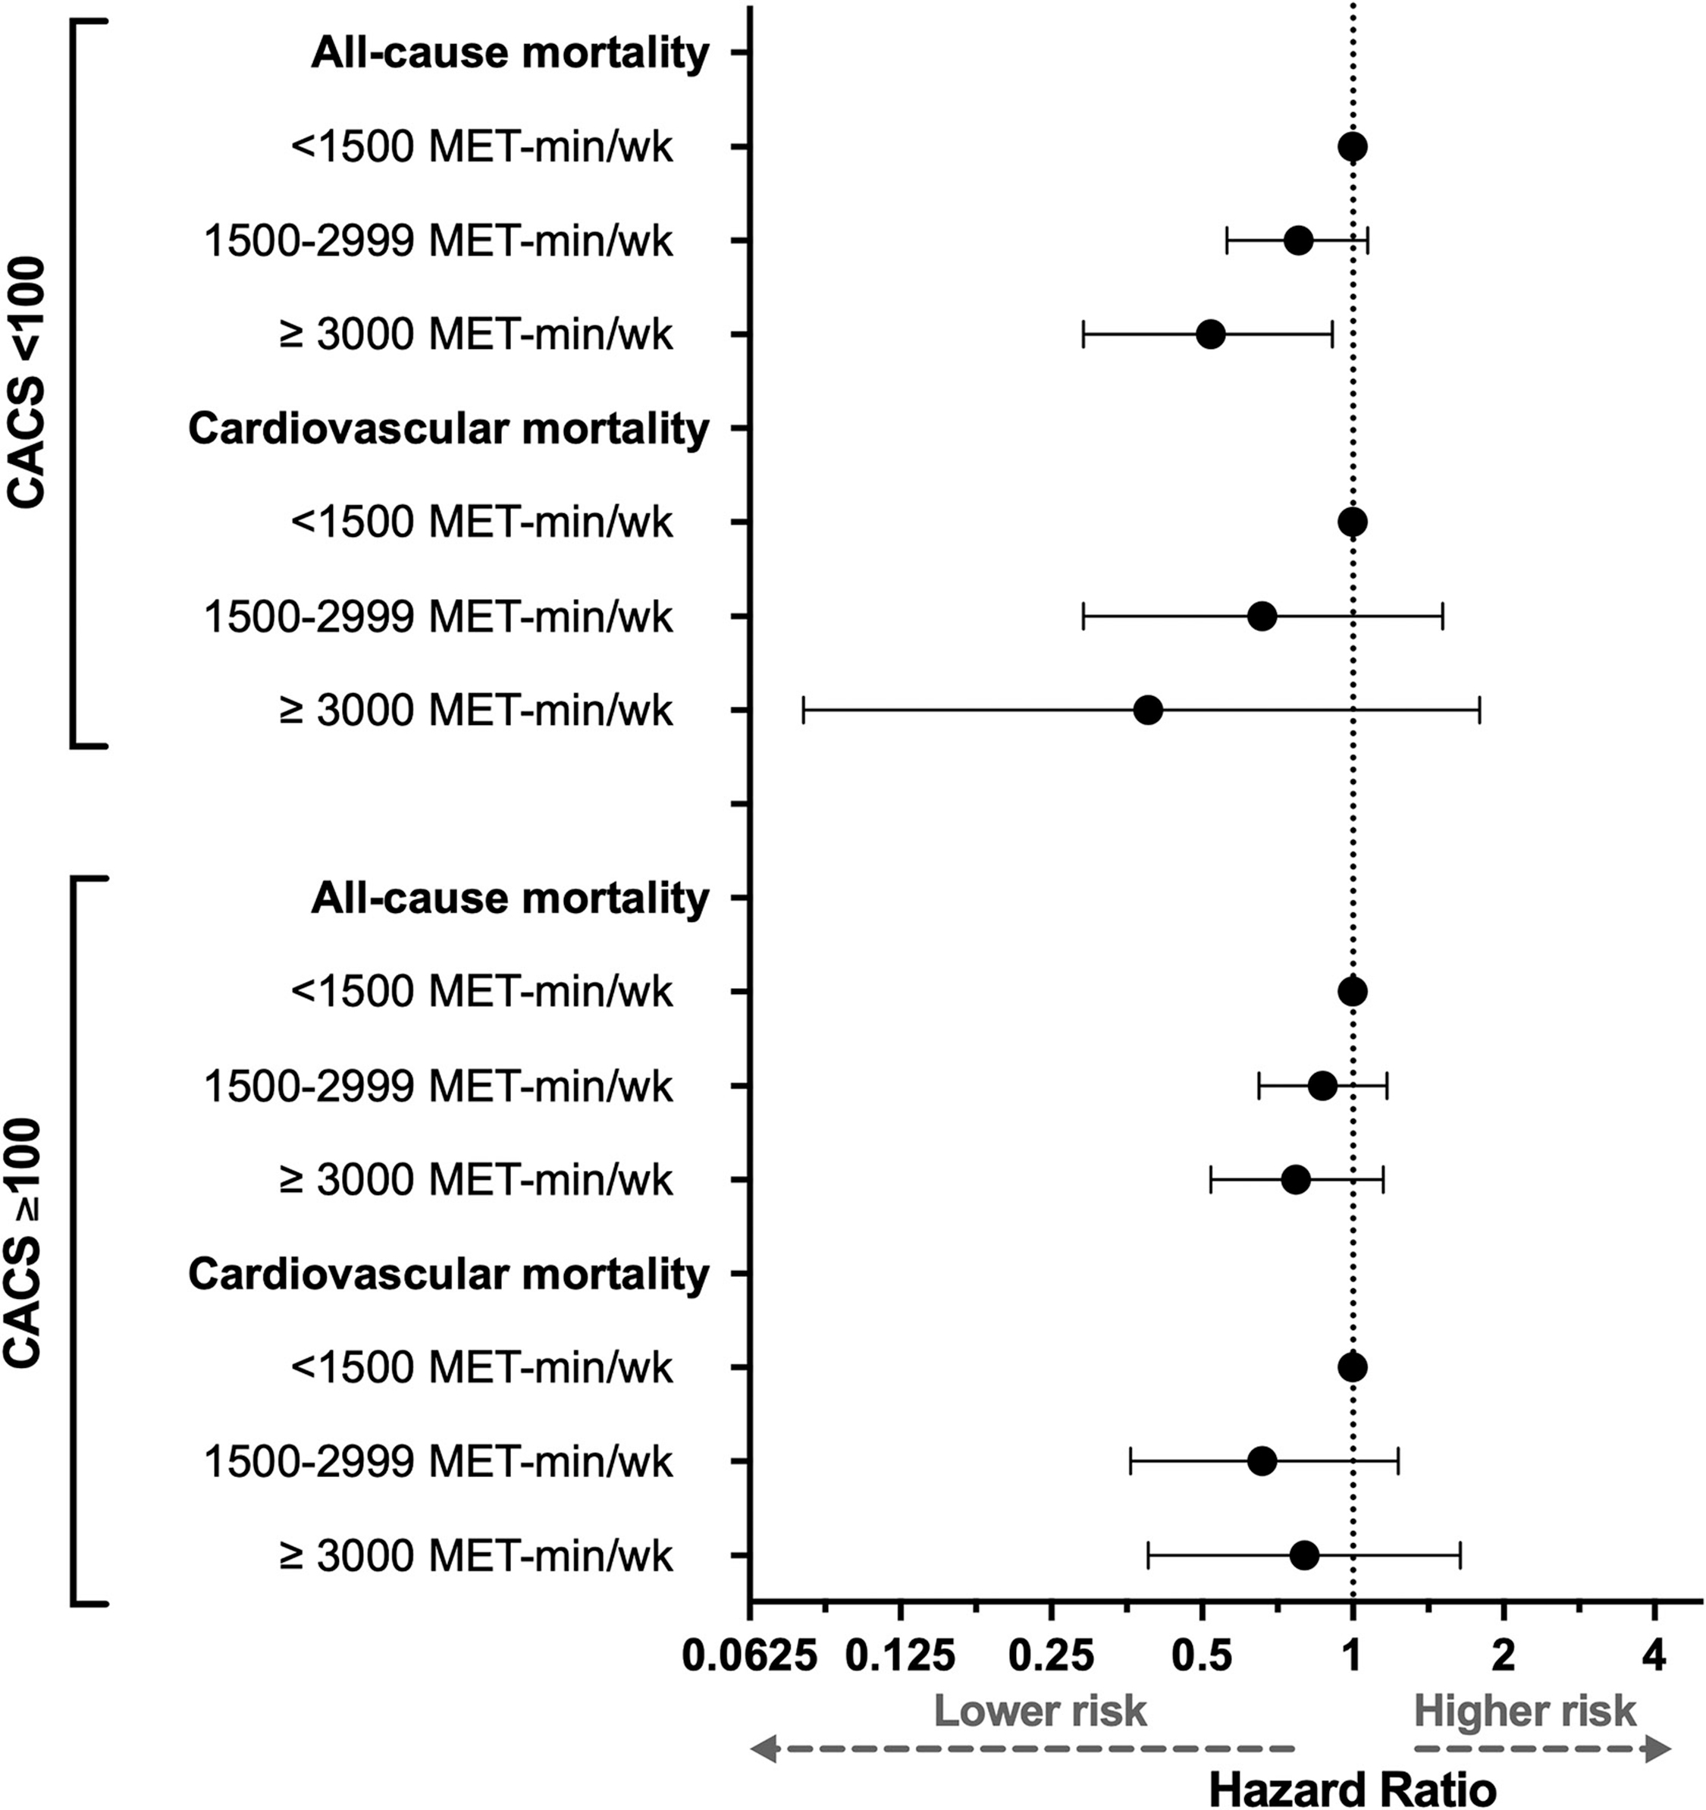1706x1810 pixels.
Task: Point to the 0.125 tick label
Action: coord(900,1656)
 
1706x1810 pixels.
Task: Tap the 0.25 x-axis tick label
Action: coord(1051,1656)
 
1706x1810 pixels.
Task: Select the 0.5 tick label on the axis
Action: coord(1202,1656)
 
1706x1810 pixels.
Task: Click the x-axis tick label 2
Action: coord(1504,1656)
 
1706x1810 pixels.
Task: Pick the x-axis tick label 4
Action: coord(1655,1656)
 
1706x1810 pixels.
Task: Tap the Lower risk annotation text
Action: coord(1040,1711)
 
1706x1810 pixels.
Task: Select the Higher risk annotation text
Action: coord(1525,1711)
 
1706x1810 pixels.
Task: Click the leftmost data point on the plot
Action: coord(1148,711)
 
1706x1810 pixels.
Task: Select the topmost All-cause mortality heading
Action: coord(510,53)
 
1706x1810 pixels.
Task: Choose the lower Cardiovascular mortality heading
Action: coord(448,1274)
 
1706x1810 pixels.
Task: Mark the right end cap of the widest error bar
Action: coord(1479,711)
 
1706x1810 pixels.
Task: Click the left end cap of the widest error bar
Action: coord(803,711)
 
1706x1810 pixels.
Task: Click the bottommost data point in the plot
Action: coord(1303,1555)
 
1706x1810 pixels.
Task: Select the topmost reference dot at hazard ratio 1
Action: coord(1352,146)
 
